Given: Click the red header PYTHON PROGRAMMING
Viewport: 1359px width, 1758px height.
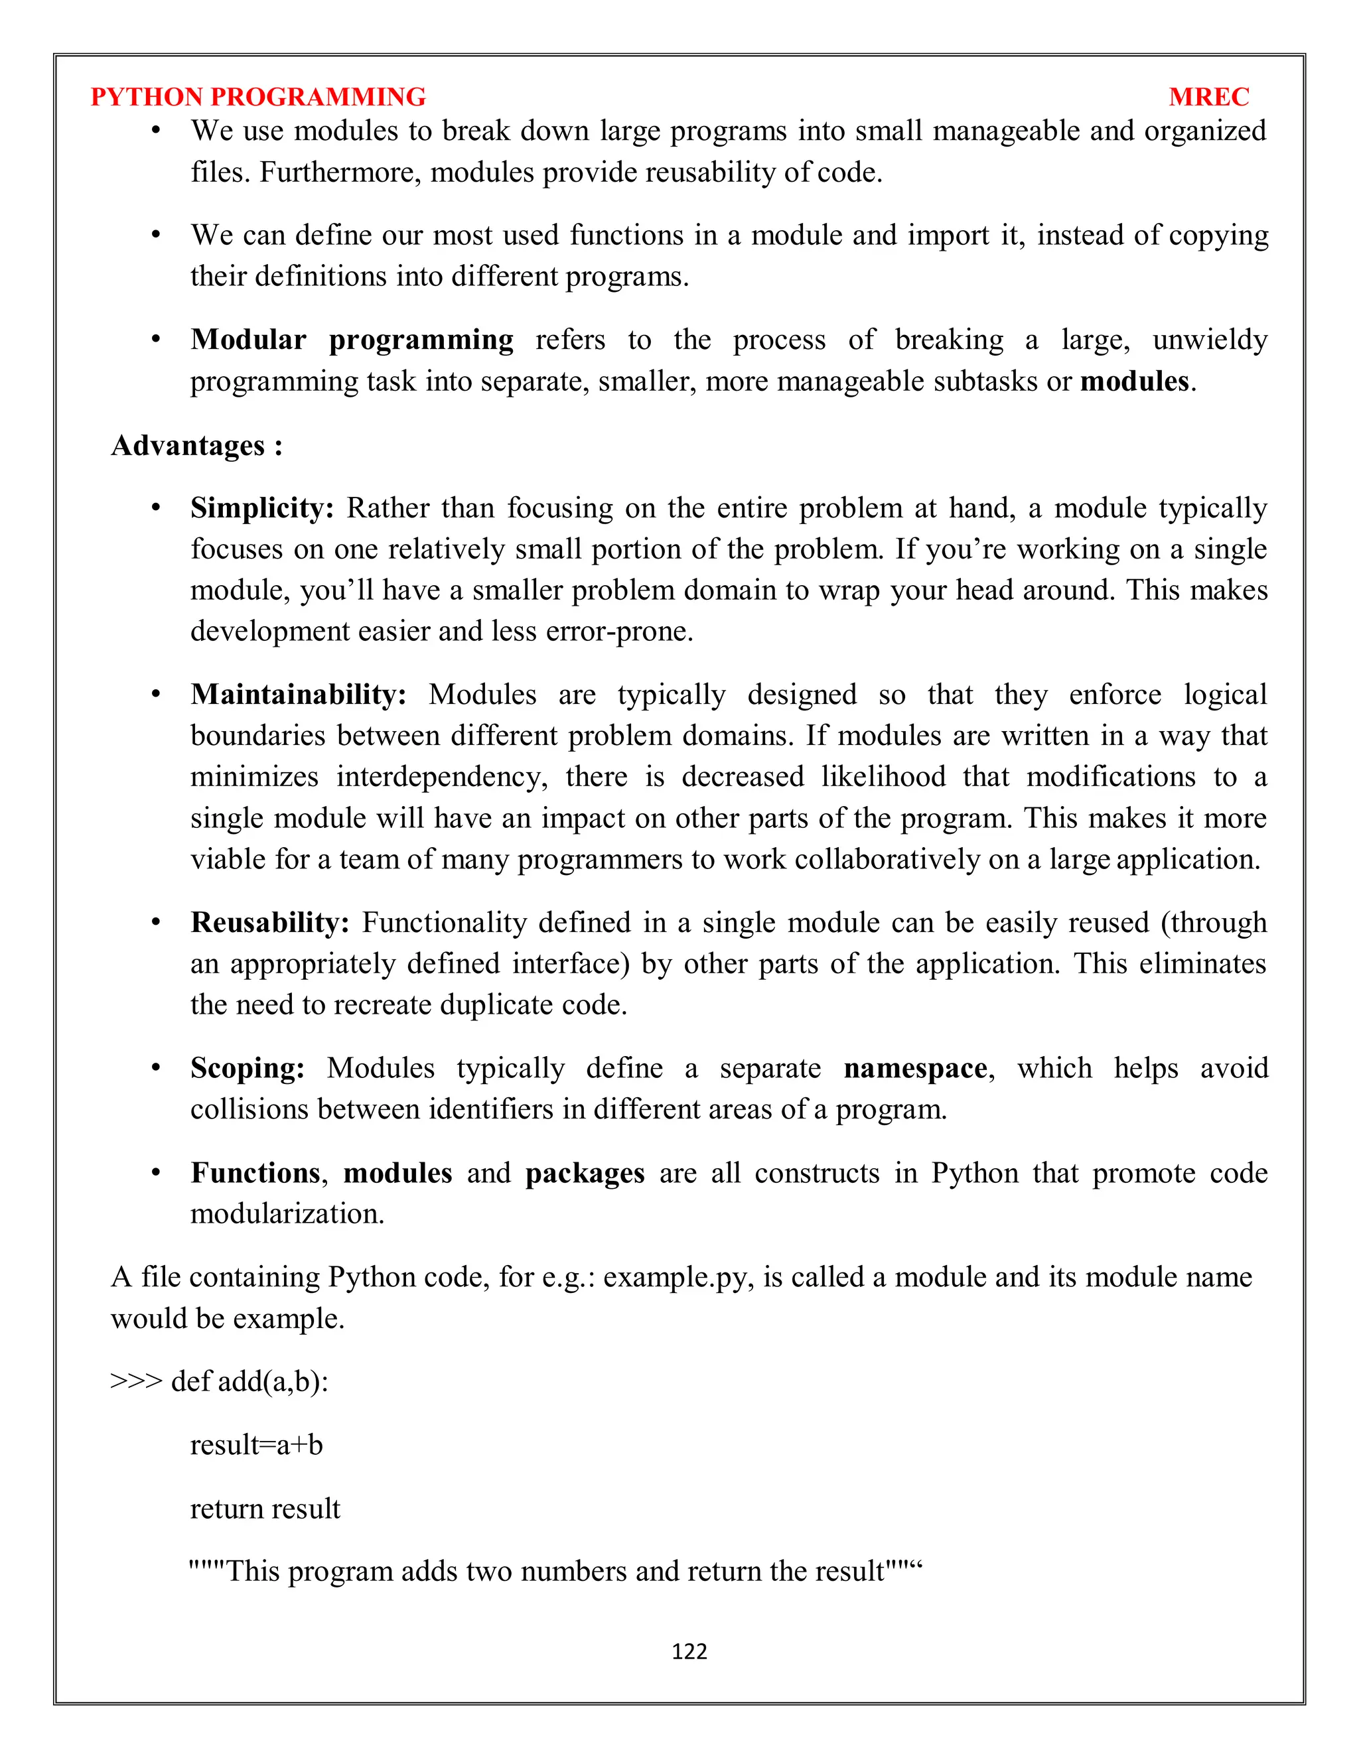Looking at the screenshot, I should tap(257, 97).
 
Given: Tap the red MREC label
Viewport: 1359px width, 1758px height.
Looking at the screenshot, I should tap(1208, 97).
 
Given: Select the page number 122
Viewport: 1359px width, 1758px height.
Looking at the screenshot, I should tap(689, 1652).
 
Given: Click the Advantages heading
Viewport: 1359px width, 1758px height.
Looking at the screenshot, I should tap(196, 445).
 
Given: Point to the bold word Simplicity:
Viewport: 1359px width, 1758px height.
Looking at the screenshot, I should tap(261, 508).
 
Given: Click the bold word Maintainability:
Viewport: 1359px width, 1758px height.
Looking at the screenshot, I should tap(298, 694).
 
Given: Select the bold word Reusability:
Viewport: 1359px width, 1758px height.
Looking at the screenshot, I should tap(269, 923).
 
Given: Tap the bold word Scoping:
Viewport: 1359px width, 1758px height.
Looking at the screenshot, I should tap(247, 1068).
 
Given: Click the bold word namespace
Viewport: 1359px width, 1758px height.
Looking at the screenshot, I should tap(915, 1068).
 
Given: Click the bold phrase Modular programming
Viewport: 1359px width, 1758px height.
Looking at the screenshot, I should tap(352, 340).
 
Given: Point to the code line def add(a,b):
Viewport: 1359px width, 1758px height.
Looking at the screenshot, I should tap(250, 1381).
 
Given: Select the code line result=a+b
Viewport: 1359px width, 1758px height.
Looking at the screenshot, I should tap(256, 1445).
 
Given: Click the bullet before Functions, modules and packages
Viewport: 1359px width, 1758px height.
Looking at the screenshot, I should tap(156, 1172).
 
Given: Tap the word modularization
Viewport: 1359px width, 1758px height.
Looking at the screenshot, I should tap(287, 1214).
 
